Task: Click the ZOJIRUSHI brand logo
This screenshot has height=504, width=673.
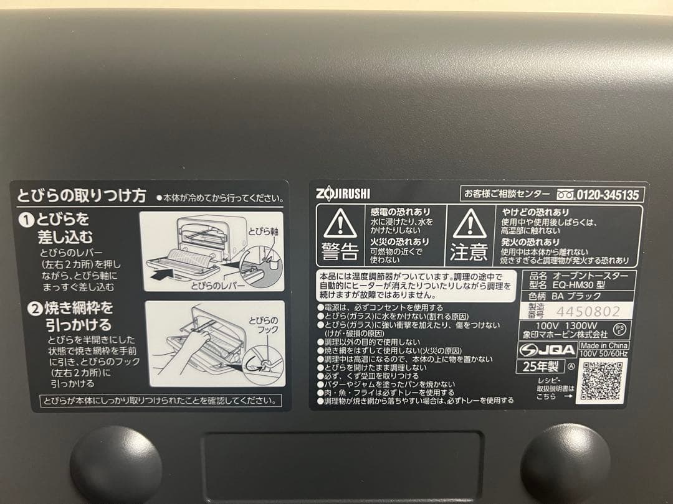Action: click(343, 194)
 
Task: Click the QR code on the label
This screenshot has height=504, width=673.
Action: click(601, 380)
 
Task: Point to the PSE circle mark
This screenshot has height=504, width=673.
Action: click(619, 328)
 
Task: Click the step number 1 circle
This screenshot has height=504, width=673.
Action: click(27, 220)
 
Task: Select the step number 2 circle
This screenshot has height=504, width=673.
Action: click(27, 308)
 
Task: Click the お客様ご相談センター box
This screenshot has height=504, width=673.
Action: click(506, 194)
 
